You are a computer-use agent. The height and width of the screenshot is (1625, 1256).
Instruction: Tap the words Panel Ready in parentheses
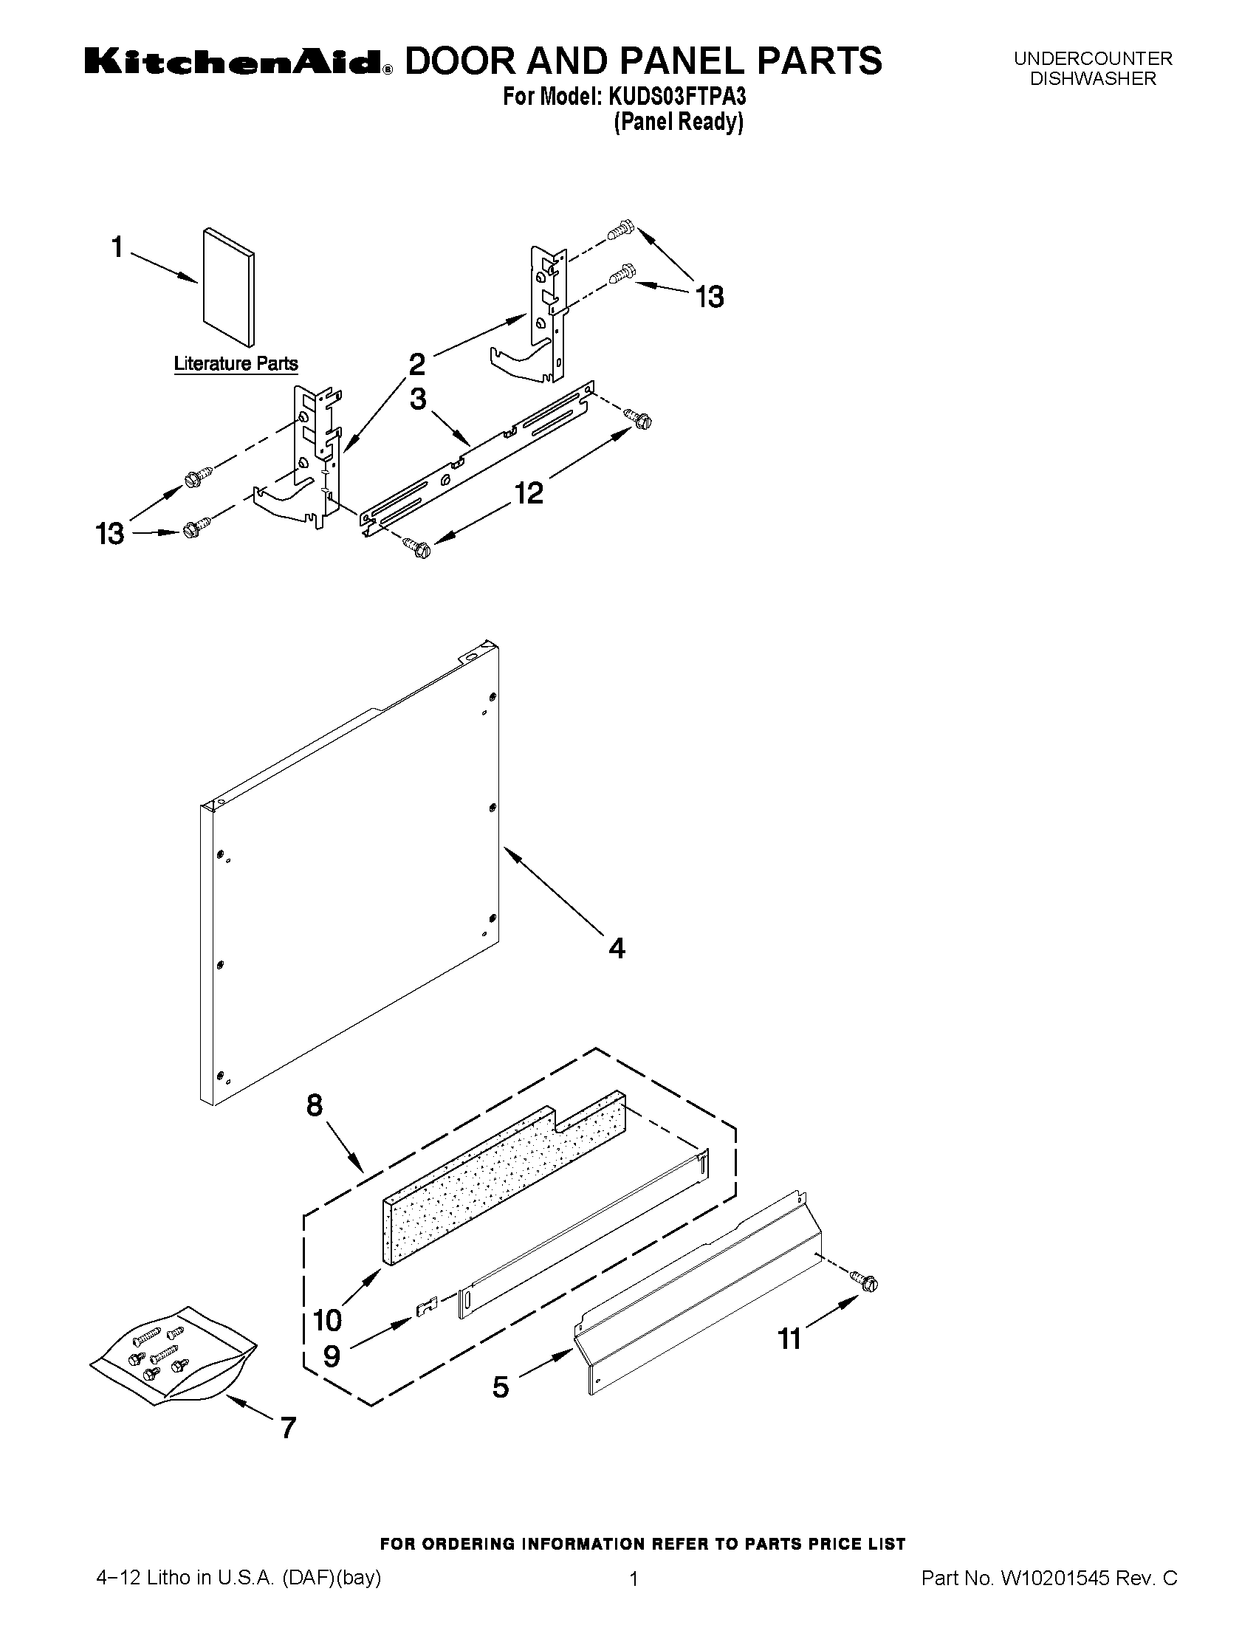pyautogui.click(x=678, y=122)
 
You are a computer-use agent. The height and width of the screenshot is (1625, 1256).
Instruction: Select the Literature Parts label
pyautogui.click(x=236, y=364)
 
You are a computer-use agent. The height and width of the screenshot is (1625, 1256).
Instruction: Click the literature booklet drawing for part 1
pyautogui.click(x=228, y=286)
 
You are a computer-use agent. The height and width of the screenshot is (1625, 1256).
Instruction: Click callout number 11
pyautogui.click(x=789, y=1339)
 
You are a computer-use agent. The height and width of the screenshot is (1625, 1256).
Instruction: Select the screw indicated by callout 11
pyautogui.click(x=866, y=1282)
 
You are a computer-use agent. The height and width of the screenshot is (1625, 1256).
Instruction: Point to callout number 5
pyautogui.click(x=501, y=1387)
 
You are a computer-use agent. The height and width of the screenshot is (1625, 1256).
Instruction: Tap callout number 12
pyautogui.click(x=529, y=492)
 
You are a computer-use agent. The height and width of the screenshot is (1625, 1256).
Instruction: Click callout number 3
pyautogui.click(x=418, y=399)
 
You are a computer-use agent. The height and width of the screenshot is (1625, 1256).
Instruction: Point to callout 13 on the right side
pyautogui.click(x=709, y=298)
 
